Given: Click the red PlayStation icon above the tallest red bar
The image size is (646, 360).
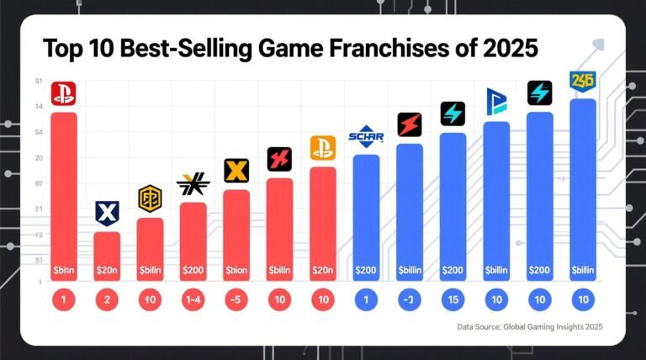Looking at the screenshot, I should click(x=64, y=93).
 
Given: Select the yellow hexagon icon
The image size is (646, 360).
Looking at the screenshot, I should click(x=150, y=199).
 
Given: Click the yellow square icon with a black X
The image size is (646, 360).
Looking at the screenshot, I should click(x=236, y=171).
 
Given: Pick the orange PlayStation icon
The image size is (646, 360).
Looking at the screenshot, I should click(x=323, y=148).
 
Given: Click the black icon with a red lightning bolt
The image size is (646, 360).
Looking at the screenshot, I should click(x=410, y=124).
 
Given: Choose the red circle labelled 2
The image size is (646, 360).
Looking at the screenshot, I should click(x=107, y=299).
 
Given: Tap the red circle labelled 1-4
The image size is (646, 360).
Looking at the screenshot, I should click(x=193, y=299).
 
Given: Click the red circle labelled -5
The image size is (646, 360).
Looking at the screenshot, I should click(x=236, y=299).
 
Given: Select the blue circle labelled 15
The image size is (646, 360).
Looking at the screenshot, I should click(x=453, y=299).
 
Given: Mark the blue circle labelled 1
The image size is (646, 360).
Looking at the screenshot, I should click(x=366, y=299).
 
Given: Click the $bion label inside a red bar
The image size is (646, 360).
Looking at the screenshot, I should click(x=236, y=272).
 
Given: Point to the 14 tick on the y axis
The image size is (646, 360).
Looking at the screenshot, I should click(x=40, y=107).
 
